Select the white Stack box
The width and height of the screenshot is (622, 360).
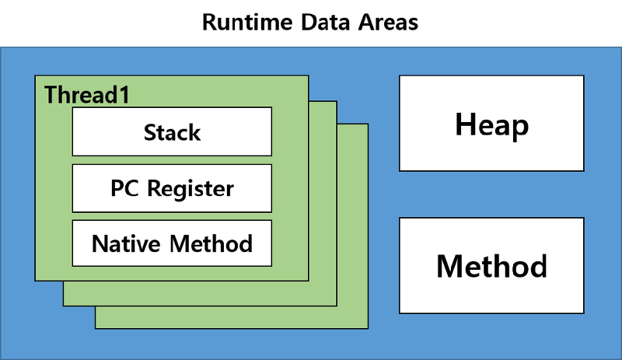coord(172,131)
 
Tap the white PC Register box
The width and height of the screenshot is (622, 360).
coord(172,187)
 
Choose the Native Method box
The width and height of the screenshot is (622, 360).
coord(172,243)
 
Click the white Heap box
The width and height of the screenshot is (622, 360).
coord(491,124)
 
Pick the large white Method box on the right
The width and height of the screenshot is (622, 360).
coord(491,265)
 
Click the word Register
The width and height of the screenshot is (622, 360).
coord(190,189)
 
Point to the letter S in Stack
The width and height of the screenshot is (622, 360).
coord(149,132)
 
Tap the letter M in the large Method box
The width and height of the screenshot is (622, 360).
coord(449,266)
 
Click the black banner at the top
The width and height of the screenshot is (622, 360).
coord(311,22)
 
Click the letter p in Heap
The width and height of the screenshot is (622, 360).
coord(519,128)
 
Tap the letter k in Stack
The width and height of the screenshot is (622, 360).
coord(194,132)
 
